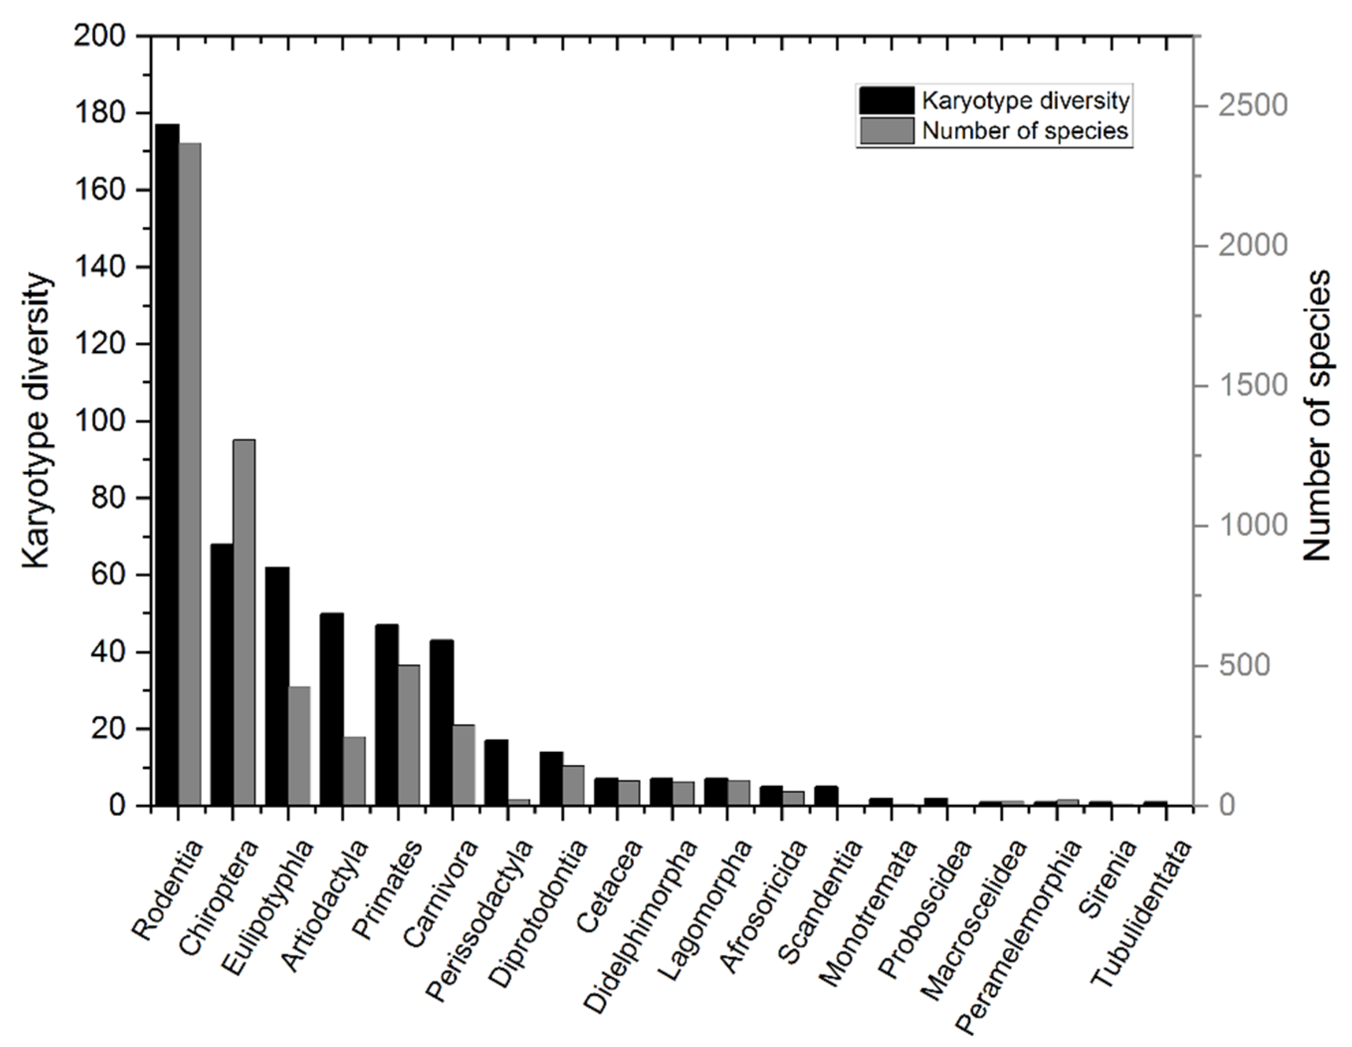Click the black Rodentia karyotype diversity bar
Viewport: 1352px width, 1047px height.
tap(167, 464)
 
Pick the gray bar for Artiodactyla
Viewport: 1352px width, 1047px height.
tap(354, 771)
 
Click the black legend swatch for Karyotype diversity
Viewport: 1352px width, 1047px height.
tap(886, 101)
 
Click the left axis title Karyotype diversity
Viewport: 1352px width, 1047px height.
tap(38, 421)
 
